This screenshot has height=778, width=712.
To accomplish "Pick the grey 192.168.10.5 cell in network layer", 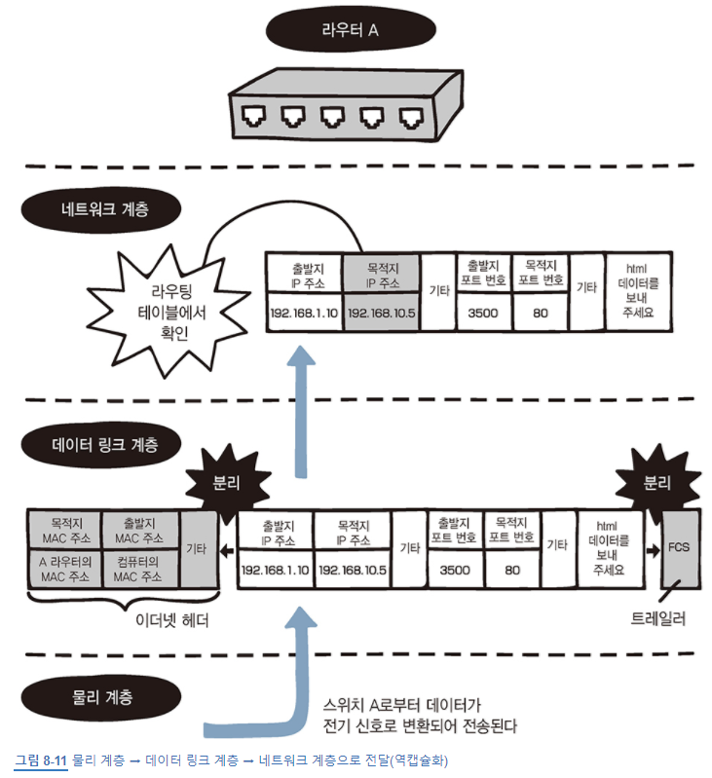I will [383, 313].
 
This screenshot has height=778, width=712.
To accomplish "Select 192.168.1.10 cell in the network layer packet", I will [304, 313].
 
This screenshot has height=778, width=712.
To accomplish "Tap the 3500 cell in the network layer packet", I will [483, 313].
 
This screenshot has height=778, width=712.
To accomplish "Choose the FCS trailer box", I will [678, 547].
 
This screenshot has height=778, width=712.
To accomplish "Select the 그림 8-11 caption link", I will [41, 759].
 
